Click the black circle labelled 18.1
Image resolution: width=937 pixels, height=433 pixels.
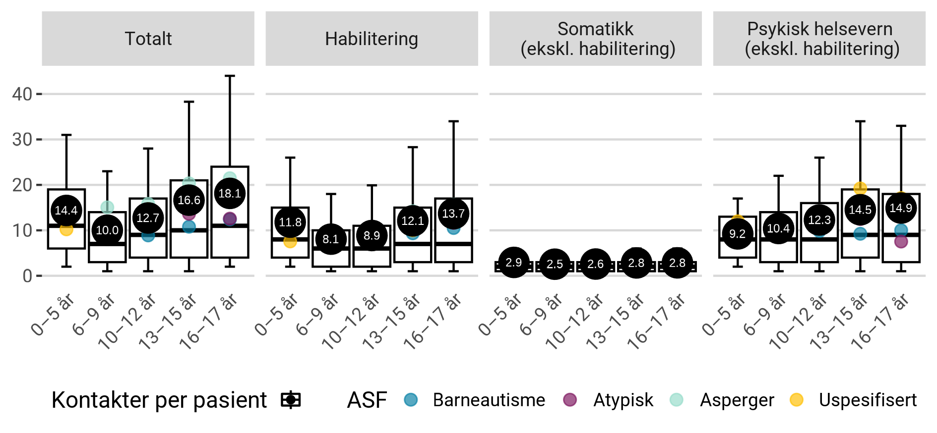click(x=230, y=194)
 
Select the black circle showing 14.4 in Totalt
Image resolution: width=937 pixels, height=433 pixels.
click(x=66, y=211)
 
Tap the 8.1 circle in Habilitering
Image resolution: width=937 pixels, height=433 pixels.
click(x=331, y=239)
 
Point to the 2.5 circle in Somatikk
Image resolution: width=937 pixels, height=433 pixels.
click(x=555, y=264)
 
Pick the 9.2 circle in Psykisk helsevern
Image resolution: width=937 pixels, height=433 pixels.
click(x=738, y=234)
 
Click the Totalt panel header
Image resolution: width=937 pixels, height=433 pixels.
click(x=148, y=39)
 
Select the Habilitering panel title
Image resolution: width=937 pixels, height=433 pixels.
click(x=372, y=39)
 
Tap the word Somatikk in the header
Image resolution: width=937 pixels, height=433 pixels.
click(x=595, y=29)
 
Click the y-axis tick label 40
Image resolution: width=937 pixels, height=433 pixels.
click(x=22, y=94)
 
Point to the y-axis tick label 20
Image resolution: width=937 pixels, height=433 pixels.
click(x=22, y=185)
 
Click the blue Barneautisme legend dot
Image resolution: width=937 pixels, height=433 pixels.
click(x=411, y=400)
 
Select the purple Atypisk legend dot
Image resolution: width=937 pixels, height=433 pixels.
click(x=570, y=400)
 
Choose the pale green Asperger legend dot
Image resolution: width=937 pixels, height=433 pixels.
click(x=677, y=400)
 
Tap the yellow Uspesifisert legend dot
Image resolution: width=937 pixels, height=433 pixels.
click(x=796, y=400)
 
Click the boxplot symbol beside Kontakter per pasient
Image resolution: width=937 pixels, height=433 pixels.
click(x=291, y=400)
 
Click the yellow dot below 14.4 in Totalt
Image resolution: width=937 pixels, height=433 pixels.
click(x=66, y=230)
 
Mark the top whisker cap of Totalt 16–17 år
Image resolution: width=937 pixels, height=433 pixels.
click(x=230, y=76)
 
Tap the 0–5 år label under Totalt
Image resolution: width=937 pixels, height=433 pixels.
click(x=53, y=314)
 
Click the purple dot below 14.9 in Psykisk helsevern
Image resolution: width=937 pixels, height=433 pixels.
click(x=901, y=242)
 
